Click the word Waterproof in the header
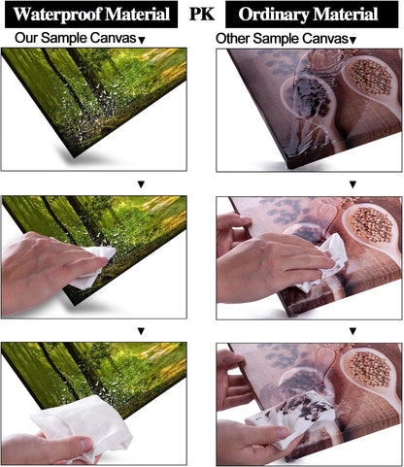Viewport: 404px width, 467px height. [x=58, y=15]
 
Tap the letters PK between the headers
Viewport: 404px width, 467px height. [x=202, y=14]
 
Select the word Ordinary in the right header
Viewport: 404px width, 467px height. [x=274, y=15]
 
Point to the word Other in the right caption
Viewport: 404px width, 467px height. [x=232, y=39]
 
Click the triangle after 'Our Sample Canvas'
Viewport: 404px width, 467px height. [x=142, y=40]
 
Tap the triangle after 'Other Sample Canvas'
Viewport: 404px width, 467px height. [x=353, y=40]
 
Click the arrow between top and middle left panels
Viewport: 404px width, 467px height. [x=141, y=184]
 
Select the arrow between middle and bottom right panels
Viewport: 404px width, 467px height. [x=353, y=331]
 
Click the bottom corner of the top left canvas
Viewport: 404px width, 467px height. [x=75, y=157]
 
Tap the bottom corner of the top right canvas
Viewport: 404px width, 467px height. [x=289, y=168]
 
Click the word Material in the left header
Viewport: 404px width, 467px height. [x=138, y=15]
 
